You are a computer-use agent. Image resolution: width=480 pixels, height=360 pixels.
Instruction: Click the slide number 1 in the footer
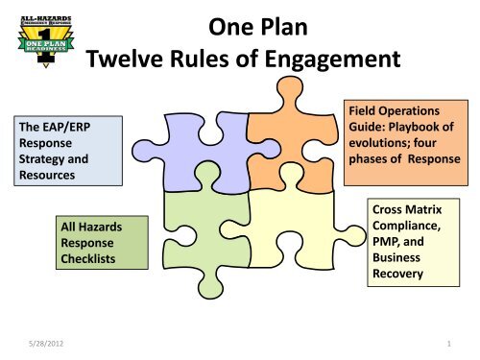coord(448,340)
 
